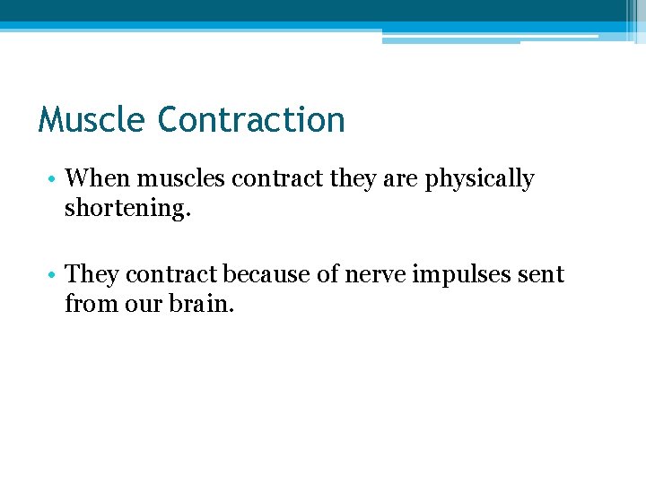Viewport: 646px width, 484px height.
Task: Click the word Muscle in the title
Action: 92,119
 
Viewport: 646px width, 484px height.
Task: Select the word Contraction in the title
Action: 250,119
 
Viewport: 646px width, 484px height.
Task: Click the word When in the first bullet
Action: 96,179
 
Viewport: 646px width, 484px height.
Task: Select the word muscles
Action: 179,179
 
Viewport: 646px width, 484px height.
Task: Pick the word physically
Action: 479,180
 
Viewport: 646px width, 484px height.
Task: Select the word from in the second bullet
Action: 85,304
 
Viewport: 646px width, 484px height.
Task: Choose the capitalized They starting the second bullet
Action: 92,274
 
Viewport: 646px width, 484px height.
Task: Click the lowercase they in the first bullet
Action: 354,180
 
